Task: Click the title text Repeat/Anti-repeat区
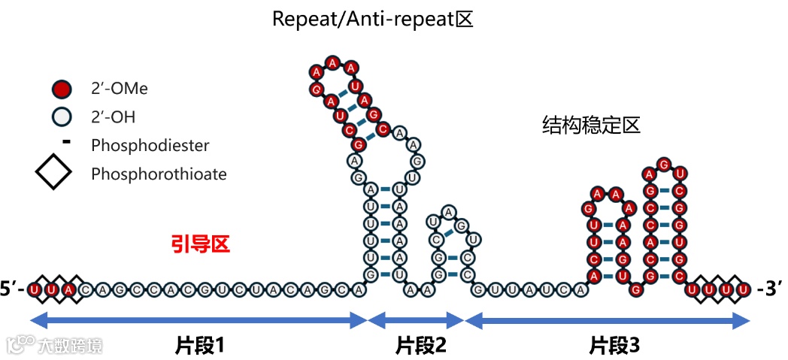372,18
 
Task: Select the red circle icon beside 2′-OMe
62,89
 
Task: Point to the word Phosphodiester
150,145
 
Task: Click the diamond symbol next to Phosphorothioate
53,174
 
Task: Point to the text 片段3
614,345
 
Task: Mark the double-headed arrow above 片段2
416,321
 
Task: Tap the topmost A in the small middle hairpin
449,212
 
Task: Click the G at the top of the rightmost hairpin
663,164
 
